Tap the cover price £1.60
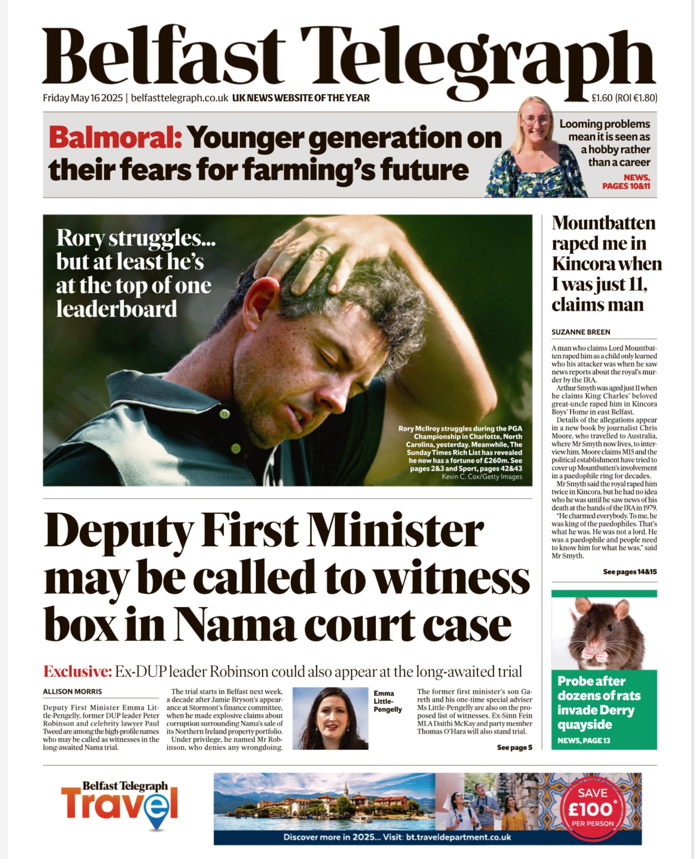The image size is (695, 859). [602, 98]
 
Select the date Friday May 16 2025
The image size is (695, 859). [83, 98]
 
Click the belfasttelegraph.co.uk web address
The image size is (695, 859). [179, 98]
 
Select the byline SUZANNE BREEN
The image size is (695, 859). [581, 332]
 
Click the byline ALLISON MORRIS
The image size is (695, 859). [72, 691]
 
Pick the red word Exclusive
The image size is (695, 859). [78, 671]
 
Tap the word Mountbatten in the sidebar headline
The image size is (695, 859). [604, 223]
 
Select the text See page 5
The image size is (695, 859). [514, 747]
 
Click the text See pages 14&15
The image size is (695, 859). [629, 572]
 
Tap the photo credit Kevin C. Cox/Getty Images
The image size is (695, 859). [481, 477]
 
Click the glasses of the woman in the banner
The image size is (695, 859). [536, 121]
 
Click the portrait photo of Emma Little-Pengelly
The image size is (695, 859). [330, 718]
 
